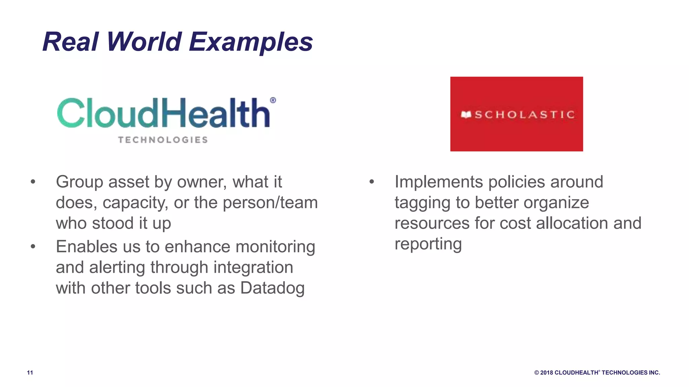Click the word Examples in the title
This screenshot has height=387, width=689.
pyautogui.click(x=251, y=42)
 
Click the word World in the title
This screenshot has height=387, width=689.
pyautogui.click(x=144, y=42)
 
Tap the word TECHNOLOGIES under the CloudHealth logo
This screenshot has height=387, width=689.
pyautogui.click(x=163, y=140)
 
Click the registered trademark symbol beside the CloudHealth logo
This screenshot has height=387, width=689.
pyautogui.click(x=273, y=100)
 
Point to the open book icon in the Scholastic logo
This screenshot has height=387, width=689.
pyautogui.click(x=466, y=115)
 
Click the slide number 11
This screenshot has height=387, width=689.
pyautogui.click(x=30, y=373)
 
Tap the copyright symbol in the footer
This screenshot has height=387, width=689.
pyautogui.click(x=537, y=373)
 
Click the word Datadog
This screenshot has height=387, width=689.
pyautogui.click(x=272, y=288)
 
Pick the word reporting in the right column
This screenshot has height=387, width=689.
pyautogui.click(x=428, y=244)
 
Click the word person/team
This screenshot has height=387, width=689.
pyautogui.click(x=270, y=203)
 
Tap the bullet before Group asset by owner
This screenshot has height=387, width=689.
pyautogui.click(x=33, y=182)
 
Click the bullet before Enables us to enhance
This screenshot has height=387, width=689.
pyautogui.click(x=33, y=247)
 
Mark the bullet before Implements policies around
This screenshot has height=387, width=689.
pyautogui.click(x=371, y=182)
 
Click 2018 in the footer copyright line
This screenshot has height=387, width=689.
pyautogui.click(x=547, y=373)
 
